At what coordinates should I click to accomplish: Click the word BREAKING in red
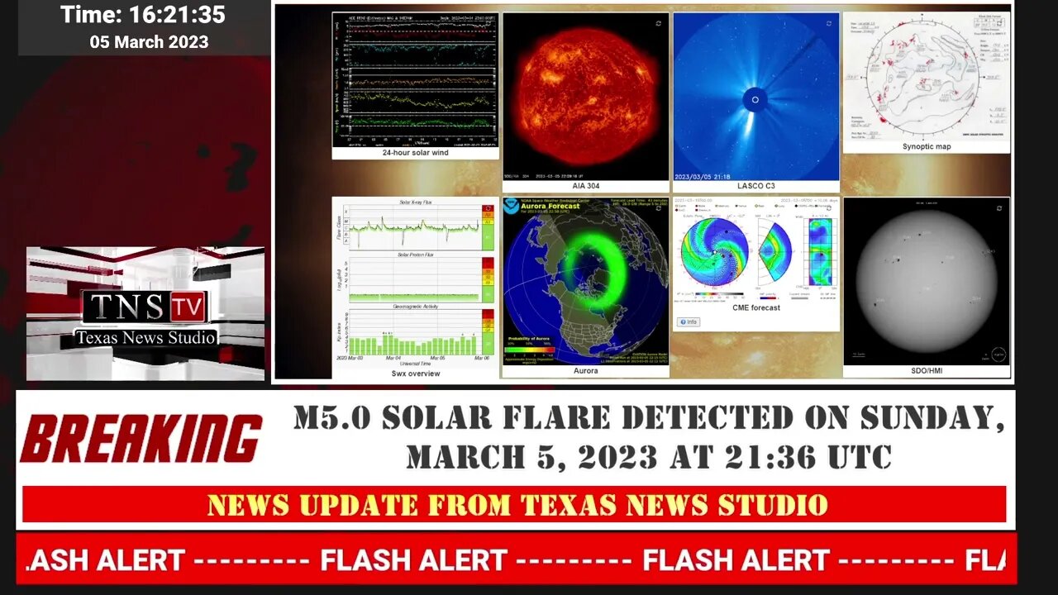[x=141, y=438]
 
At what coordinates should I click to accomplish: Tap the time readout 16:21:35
[x=177, y=15]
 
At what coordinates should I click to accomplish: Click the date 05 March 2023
[x=149, y=41]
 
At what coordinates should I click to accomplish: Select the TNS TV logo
[x=145, y=307]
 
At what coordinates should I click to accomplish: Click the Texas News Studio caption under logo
[x=145, y=337]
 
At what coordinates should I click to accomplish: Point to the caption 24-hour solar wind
[x=415, y=153]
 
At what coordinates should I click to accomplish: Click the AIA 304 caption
[x=585, y=186]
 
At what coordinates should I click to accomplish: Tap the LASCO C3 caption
[x=755, y=186]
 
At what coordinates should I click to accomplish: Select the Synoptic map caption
[x=926, y=146]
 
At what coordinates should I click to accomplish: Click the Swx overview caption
[x=415, y=374]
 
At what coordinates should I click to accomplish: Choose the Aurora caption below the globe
[x=585, y=371]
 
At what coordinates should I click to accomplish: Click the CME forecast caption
[x=755, y=307]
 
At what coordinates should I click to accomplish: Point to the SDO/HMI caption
[x=926, y=371]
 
